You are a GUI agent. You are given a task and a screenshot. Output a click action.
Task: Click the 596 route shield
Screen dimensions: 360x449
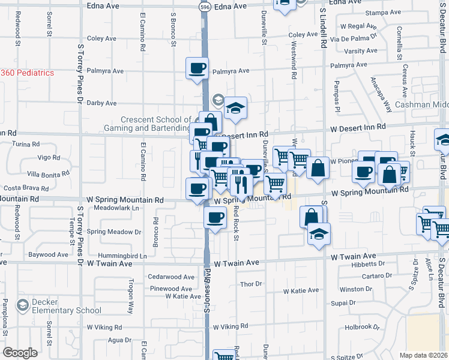point(205,5)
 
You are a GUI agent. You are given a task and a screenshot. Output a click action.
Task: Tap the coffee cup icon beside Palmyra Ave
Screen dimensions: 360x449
point(197,69)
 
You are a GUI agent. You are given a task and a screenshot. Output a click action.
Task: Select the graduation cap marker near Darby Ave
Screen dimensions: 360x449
point(236,108)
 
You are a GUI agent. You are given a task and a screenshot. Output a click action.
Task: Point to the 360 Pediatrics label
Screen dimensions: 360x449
point(27,73)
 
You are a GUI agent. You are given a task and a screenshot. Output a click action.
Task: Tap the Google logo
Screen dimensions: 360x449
point(20,353)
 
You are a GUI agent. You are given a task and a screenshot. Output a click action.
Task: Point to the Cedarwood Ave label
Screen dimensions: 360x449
point(172,277)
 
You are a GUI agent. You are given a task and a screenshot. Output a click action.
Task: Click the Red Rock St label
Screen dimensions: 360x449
point(236,221)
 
